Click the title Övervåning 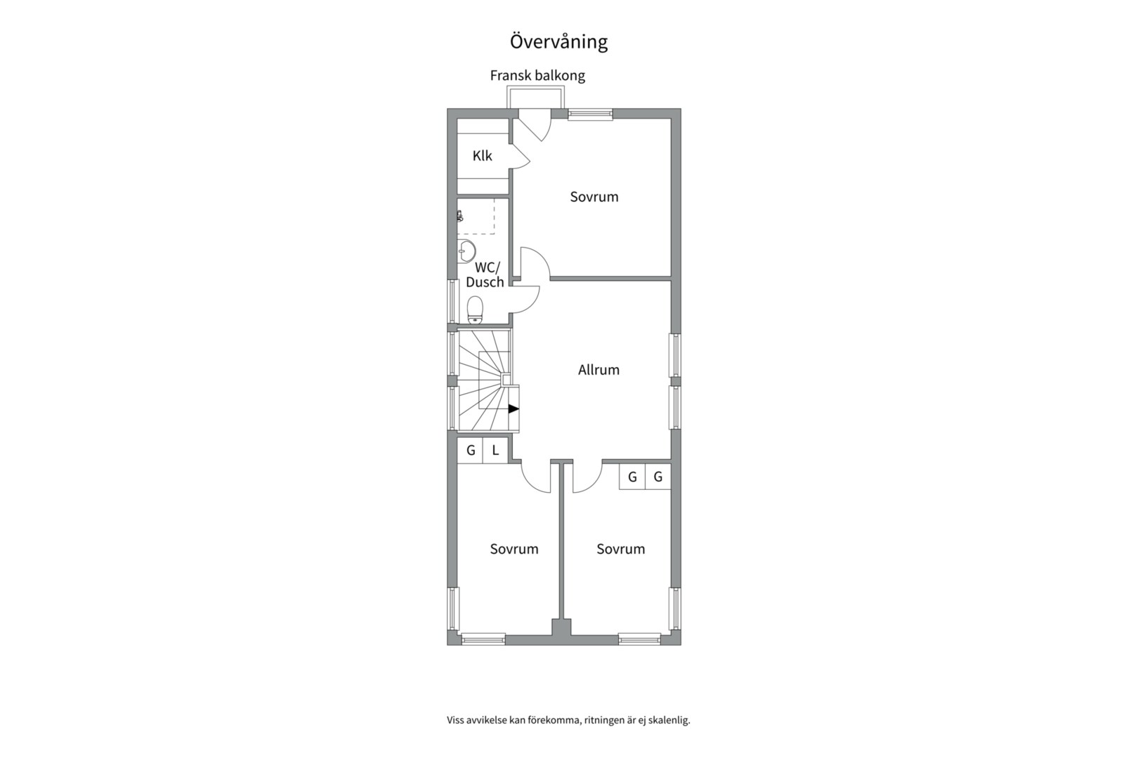pyautogui.click(x=559, y=41)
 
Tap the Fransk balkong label pyautogui.click(x=537, y=76)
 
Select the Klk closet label pyautogui.click(x=482, y=156)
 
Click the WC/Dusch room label pyautogui.click(x=485, y=274)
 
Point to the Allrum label pyautogui.click(x=599, y=370)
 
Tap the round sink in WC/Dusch pyautogui.click(x=466, y=251)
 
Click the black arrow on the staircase pyautogui.click(x=514, y=408)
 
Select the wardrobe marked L pyautogui.click(x=495, y=451)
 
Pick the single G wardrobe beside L pyautogui.click(x=471, y=451)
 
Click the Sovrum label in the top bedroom pyautogui.click(x=594, y=197)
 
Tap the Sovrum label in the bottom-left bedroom pyautogui.click(x=514, y=549)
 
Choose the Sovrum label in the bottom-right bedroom pyautogui.click(x=621, y=549)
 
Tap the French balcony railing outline pyautogui.click(x=535, y=87)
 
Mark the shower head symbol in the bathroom pyautogui.click(x=460, y=216)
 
